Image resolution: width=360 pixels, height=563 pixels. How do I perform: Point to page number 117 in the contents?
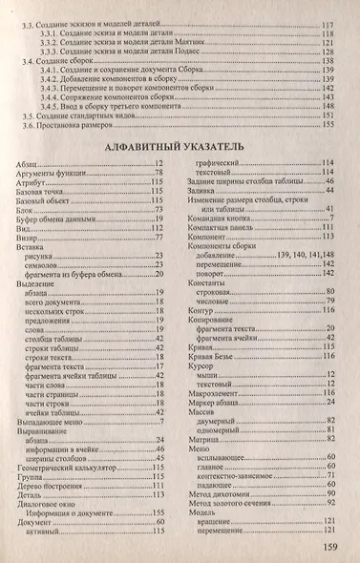[328, 22]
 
